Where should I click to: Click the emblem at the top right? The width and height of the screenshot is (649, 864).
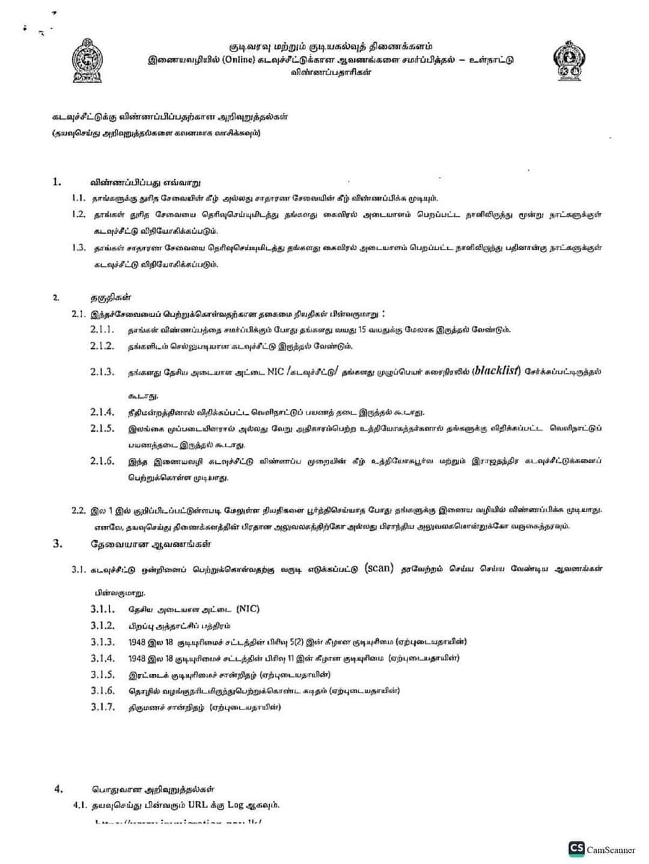[568, 61]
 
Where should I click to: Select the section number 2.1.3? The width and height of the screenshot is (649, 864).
[102, 372]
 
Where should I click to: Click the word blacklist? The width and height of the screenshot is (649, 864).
[496, 371]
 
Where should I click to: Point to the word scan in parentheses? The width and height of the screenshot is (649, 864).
[379, 568]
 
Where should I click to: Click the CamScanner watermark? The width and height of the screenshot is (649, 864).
[602, 849]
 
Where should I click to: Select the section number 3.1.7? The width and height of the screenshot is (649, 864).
[102, 707]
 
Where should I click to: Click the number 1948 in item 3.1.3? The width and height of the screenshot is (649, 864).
[137, 642]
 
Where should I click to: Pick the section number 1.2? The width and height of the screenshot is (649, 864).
[78, 214]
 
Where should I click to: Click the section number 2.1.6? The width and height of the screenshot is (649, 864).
[102, 461]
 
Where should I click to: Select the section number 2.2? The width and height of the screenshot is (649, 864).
[78, 510]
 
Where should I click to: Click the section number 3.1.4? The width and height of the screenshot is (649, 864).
[102, 658]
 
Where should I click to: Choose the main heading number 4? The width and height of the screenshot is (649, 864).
[58, 789]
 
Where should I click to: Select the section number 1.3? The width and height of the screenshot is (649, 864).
[78, 247]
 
